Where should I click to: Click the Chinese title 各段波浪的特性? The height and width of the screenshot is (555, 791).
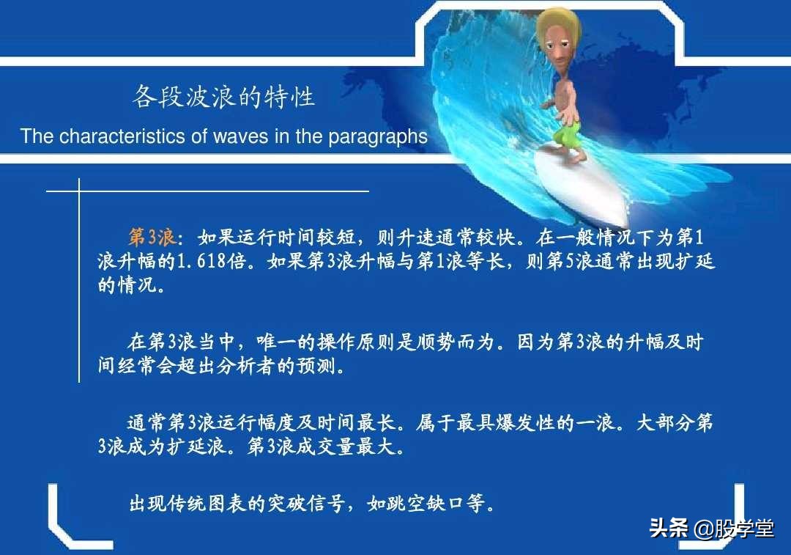pyautogui.click(x=223, y=97)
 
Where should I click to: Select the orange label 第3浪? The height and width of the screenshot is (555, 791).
pyautogui.click(x=152, y=238)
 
